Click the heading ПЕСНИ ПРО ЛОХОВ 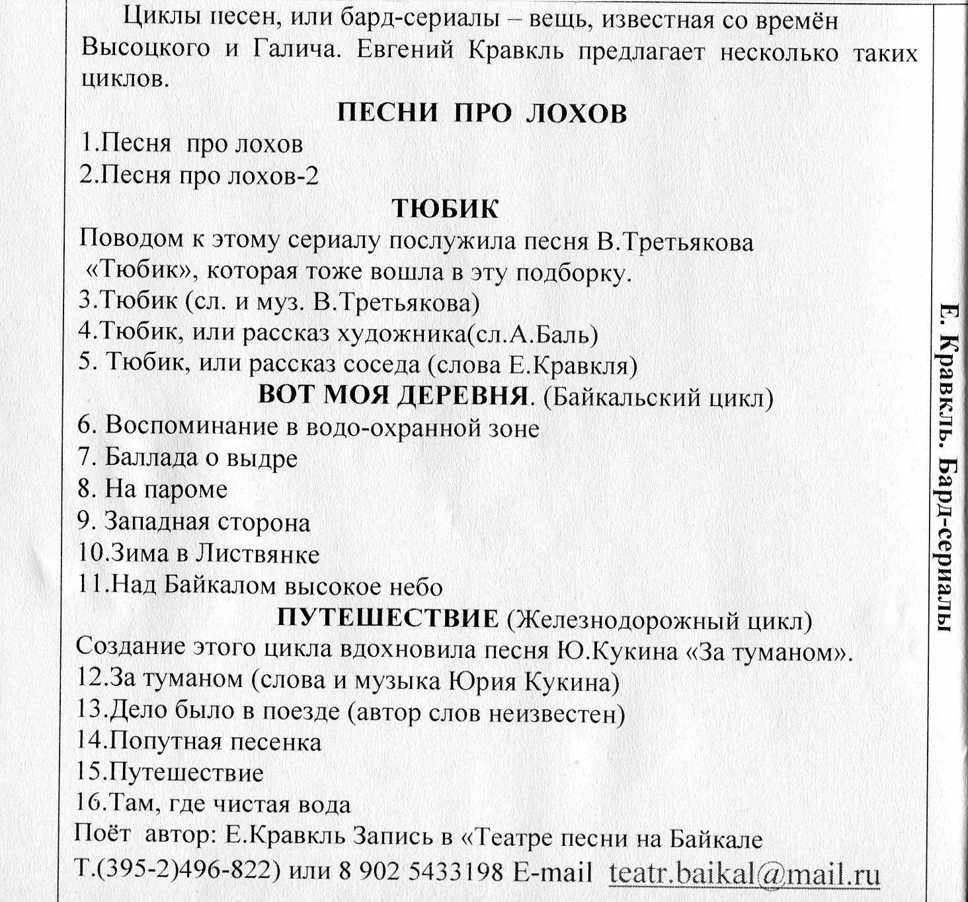[x=482, y=113]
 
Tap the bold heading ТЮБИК [x=445, y=208]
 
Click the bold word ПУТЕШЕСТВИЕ [x=387, y=618]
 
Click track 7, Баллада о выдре [x=188, y=458]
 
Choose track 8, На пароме [x=153, y=489]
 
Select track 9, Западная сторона [x=194, y=522]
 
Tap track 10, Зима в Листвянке [x=198, y=553]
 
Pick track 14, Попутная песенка [x=199, y=742]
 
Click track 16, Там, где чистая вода [x=214, y=805]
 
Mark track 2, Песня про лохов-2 [x=199, y=176]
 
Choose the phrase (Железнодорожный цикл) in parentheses [x=659, y=620]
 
